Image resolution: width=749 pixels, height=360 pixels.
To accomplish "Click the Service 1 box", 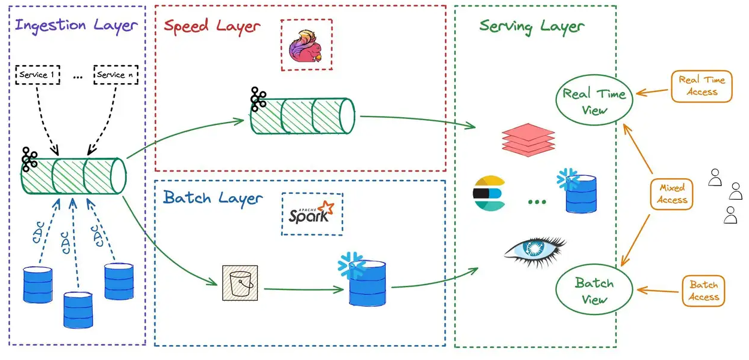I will point(37,75).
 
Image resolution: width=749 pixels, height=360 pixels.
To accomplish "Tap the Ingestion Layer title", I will point(77,26).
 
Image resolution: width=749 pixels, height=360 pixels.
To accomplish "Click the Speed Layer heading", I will point(212,26).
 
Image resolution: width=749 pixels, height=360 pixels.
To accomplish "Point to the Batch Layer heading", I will point(213,198).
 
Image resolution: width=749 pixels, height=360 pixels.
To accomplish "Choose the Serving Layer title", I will point(532,26).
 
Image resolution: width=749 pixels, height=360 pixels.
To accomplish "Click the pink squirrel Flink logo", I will point(306,45).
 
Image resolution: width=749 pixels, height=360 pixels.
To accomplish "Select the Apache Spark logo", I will point(312,213).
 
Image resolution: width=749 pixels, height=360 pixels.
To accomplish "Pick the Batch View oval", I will point(594,291).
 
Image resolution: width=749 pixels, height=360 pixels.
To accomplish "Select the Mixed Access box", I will point(672,194).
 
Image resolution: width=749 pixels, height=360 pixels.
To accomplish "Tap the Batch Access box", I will point(704,291).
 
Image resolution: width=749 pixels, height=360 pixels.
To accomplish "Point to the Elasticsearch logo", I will point(489,193).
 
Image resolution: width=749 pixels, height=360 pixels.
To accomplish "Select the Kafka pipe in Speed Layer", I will point(303,116).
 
